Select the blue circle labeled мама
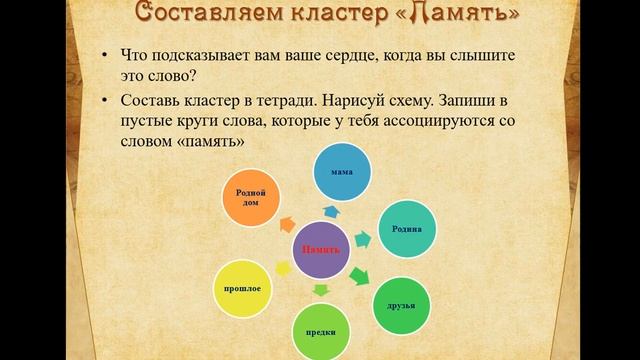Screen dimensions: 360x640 pyautogui.click(x=341, y=173)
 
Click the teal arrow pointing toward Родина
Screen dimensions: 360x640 pyautogui.click(x=362, y=239)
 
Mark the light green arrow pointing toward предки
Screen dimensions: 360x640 pyautogui.click(x=321, y=290)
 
